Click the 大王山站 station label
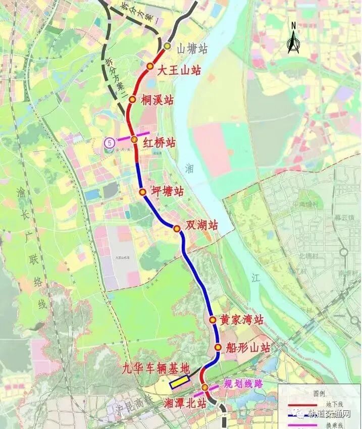(x=179, y=70)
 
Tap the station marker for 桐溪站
(x=132, y=99)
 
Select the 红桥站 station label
(x=160, y=143)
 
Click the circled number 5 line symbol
(x=109, y=143)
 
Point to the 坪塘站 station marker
(x=142, y=192)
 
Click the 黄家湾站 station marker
(x=213, y=319)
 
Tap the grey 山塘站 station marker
(x=167, y=47)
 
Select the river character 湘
(x=189, y=168)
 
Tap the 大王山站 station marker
(x=150, y=67)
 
